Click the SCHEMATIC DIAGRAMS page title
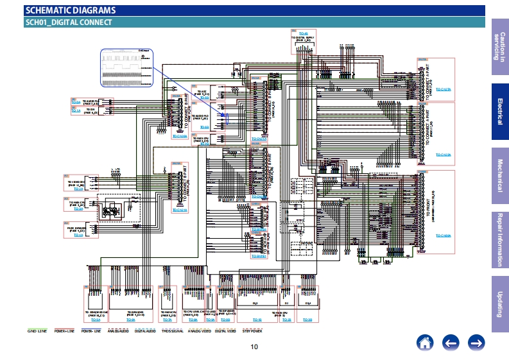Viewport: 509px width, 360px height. point(71,10)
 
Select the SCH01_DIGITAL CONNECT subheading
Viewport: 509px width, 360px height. point(69,22)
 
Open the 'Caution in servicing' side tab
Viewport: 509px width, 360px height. point(499,46)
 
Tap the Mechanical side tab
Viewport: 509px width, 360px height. point(499,175)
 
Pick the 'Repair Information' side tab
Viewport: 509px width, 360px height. point(499,239)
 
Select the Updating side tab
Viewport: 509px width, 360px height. point(499,304)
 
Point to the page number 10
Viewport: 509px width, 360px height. point(254,347)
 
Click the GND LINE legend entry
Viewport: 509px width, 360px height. point(37,332)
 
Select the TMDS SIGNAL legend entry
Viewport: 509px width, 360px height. point(171,332)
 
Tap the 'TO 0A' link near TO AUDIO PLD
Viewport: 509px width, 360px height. point(76,103)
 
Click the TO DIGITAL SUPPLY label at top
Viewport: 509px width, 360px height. point(304,38)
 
